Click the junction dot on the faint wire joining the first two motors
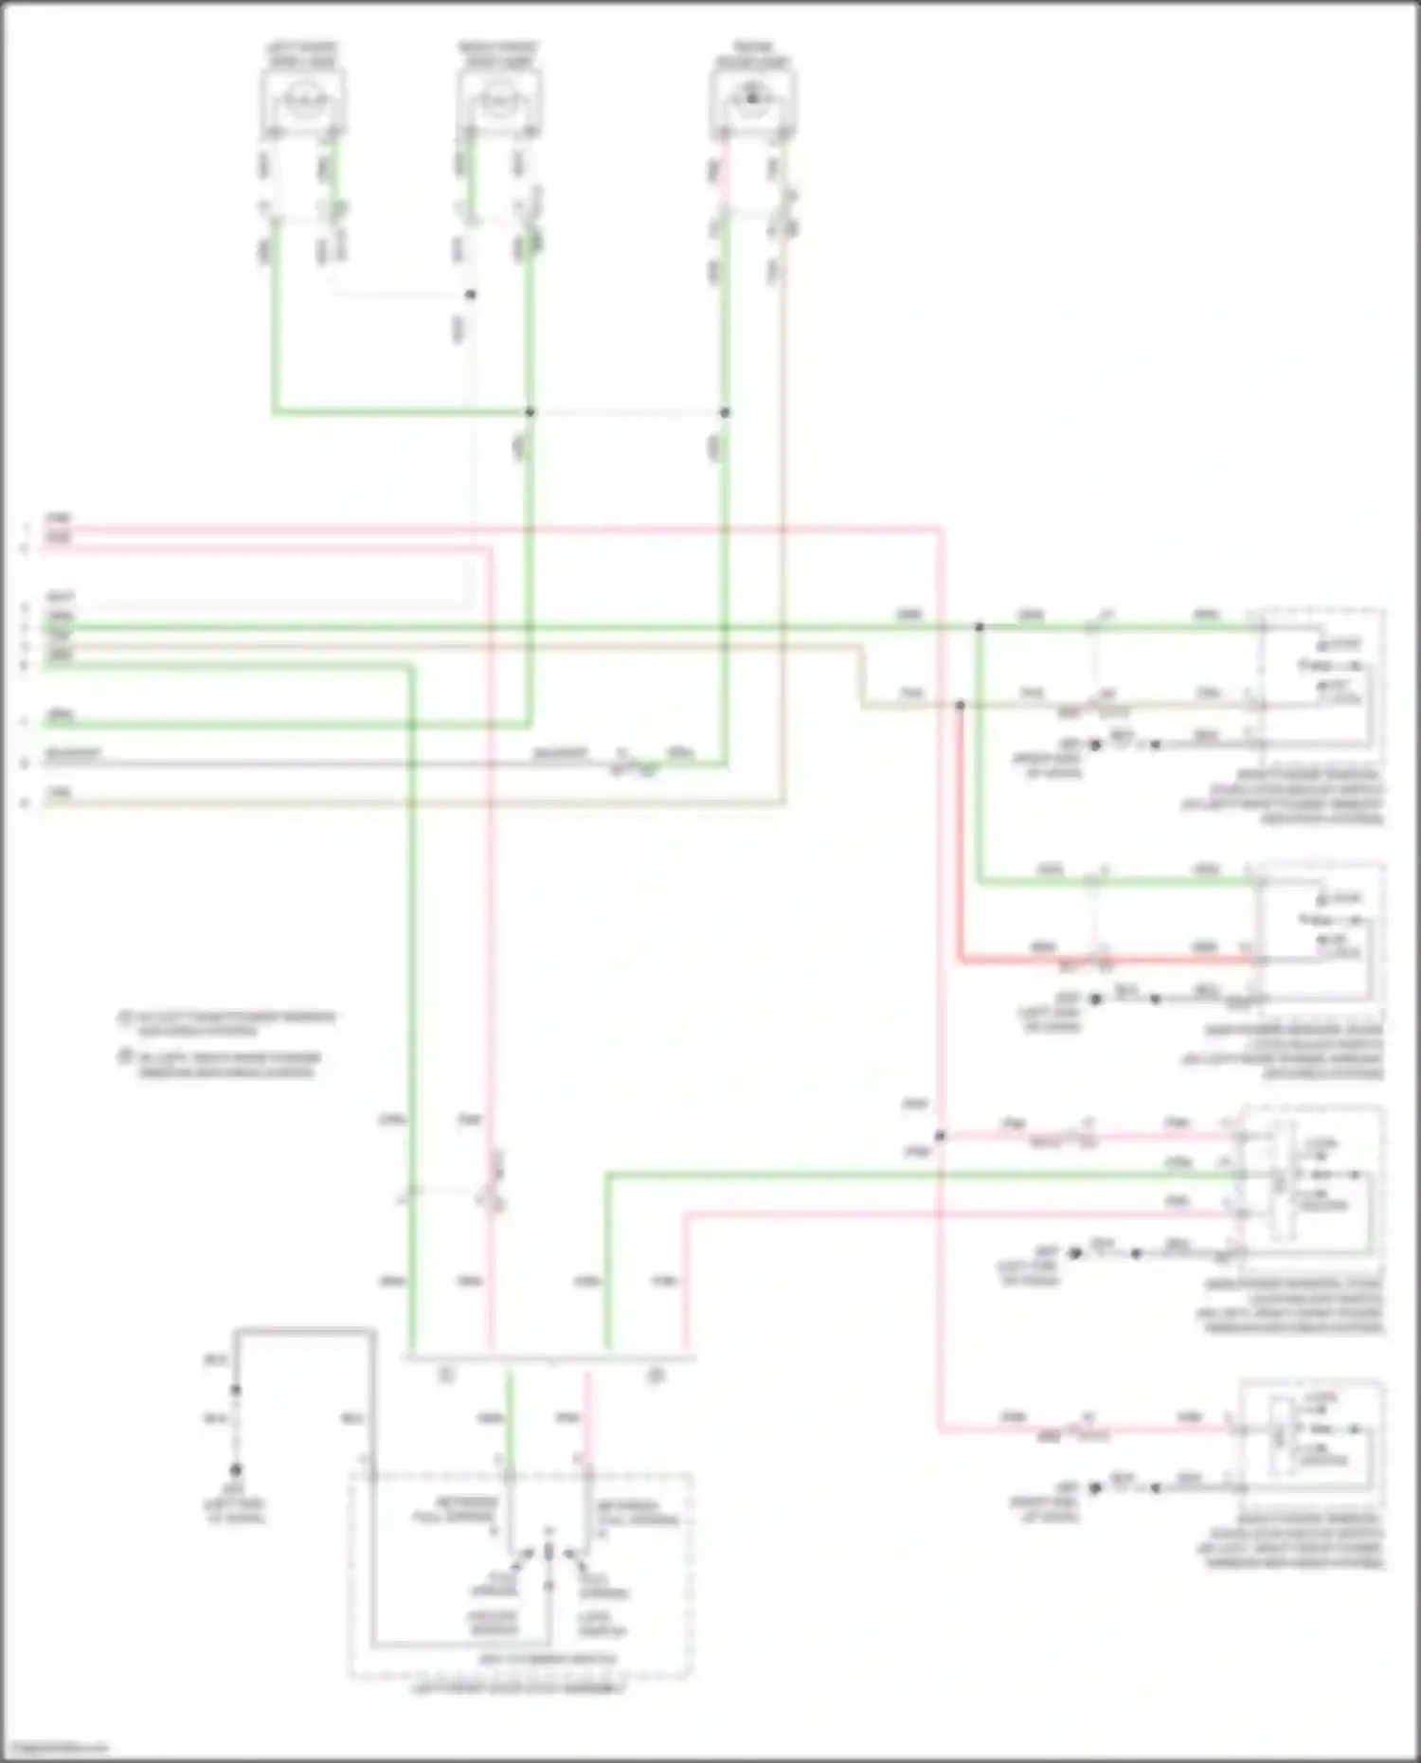click(x=470, y=295)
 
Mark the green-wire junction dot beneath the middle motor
click(x=530, y=412)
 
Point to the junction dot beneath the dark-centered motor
click(x=725, y=412)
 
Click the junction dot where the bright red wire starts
click(x=960, y=706)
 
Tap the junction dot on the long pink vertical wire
click(x=940, y=1136)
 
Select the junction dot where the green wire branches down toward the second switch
click(x=980, y=627)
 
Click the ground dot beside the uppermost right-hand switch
click(x=1096, y=746)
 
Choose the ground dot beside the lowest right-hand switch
click(x=1096, y=1488)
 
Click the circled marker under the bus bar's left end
click(x=447, y=1376)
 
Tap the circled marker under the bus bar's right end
click(x=655, y=1376)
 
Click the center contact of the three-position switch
click(x=549, y=1552)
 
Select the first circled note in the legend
click(x=124, y=1018)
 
